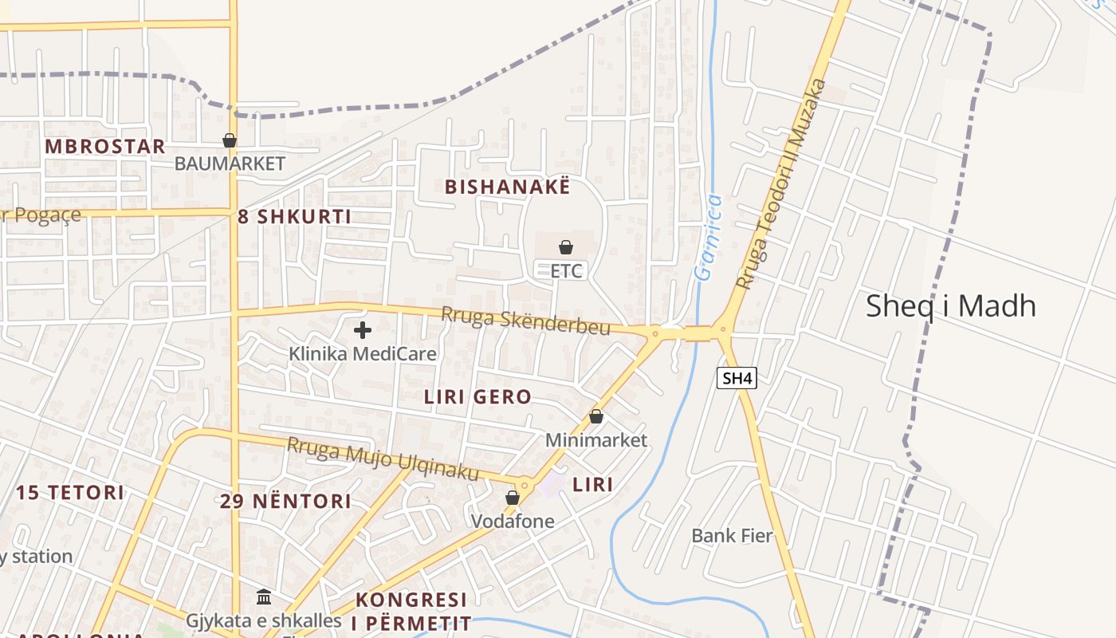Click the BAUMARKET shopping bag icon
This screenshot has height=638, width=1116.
click(230, 140)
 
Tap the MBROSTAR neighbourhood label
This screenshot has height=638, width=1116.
click(105, 147)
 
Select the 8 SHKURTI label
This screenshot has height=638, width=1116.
click(294, 216)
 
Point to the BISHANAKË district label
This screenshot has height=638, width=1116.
click(508, 187)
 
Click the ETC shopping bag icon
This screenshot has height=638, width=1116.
click(566, 247)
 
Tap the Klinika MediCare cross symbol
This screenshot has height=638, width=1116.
click(363, 329)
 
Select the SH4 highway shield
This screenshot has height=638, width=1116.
click(737, 378)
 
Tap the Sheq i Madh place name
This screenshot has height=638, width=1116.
click(950, 306)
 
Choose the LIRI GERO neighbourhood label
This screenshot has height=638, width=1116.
click(477, 396)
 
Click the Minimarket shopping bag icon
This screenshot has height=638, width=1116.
click(596, 416)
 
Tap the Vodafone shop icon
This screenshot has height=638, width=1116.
click(513, 498)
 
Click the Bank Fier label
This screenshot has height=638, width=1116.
click(732, 535)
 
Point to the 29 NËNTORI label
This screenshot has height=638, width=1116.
click(285, 502)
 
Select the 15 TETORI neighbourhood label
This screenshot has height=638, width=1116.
click(70, 492)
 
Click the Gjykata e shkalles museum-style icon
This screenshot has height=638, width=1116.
click(264, 597)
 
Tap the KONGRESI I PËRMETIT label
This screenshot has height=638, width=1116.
click(412, 611)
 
